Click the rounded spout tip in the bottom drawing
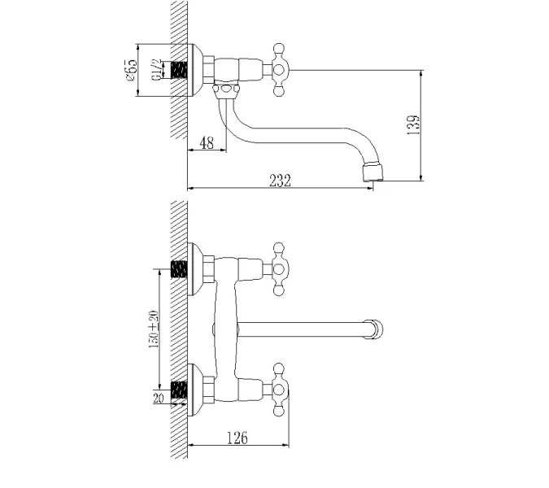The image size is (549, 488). point(375,329)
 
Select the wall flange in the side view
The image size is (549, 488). point(195,71)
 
